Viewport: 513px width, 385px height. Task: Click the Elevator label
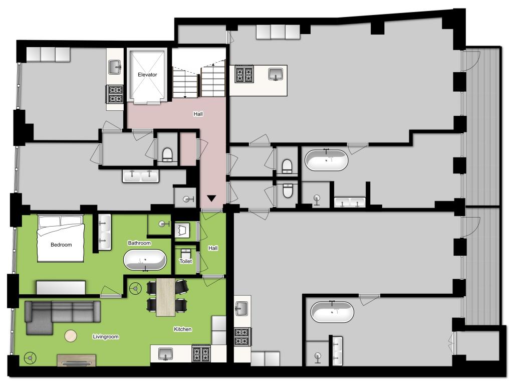(147, 75)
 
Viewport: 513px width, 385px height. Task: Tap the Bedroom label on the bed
(61, 245)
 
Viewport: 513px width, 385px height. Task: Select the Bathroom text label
(139, 243)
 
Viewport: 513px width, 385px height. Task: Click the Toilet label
(185, 261)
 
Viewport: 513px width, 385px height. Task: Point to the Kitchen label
(182, 329)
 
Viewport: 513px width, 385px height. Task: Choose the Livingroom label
(106, 336)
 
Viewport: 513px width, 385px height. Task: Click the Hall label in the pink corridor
(198, 114)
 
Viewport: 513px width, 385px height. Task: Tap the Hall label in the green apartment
(213, 248)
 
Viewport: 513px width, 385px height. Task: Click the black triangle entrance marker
(211, 199)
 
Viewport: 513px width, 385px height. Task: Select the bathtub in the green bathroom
(145, 260)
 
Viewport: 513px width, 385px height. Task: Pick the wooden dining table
(165, 297)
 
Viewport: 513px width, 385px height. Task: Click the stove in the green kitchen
(201, 353)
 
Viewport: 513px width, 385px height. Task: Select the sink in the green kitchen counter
(165, 354)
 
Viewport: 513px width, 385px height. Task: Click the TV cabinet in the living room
(77, 360)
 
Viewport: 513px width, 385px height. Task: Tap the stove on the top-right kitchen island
(244, 75)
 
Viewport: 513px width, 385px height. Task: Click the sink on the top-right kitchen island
(276, 74)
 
